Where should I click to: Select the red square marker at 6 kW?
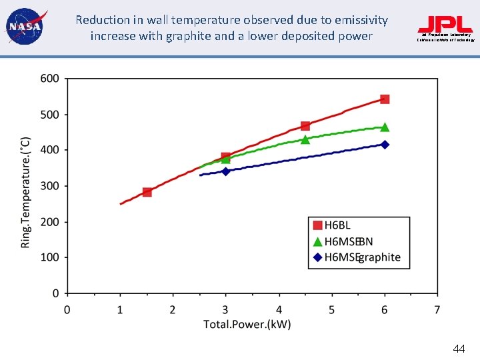[385, 99]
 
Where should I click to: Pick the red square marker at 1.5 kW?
[147, 192]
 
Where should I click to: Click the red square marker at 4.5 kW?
[305, 126]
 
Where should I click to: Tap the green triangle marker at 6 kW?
[385, 127]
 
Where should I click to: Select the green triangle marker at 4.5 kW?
[305, 139]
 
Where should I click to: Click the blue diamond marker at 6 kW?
[385, 145]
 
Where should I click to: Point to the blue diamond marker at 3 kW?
[226, 171]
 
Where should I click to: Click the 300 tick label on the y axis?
[51, 186]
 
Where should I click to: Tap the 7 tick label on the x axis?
[437, 309]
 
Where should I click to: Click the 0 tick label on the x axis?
[67, 309]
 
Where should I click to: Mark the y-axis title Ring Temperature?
[26, 192]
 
